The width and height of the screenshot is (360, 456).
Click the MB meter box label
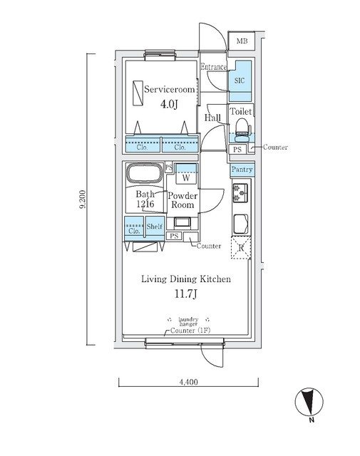pos(242,41)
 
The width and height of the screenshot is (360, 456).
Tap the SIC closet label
pos(240,81)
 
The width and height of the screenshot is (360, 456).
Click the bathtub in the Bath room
pos(144,173)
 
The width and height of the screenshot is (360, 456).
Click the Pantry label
pos(242,170)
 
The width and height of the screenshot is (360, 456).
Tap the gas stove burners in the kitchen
pos(240,193)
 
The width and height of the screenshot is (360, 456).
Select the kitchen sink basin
pos(241,223)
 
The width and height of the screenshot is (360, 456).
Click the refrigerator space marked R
pos(241,248)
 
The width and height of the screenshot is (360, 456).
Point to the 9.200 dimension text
pos(83,199)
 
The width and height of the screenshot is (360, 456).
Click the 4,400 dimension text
pos(188,382)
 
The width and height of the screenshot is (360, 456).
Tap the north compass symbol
pos(309,403)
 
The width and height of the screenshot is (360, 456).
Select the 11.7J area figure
pos(186,294)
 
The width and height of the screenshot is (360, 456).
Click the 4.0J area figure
pos(169,104)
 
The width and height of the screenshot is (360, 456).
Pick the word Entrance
pos(214,67)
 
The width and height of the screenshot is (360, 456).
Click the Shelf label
pos(155,226)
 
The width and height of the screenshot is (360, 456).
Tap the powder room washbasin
pos(182,222)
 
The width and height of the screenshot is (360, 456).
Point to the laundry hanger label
pos(189,321)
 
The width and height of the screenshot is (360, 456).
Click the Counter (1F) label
pos(190,331)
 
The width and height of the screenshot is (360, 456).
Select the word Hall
pos(212,118)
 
